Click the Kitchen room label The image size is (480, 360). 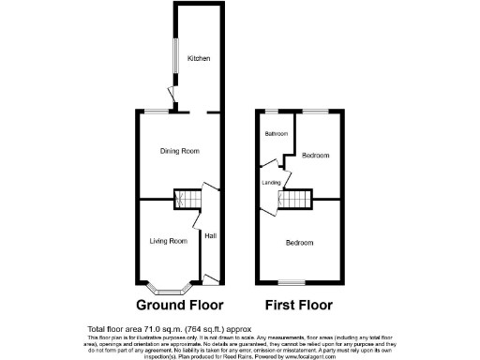coord(198,58)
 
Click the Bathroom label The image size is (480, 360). coord(276,134)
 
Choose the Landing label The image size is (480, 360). coord(272,182)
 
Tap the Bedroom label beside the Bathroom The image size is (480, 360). coord(316,156)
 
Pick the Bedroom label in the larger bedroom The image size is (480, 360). coord(300,243)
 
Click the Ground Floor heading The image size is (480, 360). coord(180,306)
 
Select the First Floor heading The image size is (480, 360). coord(299,306)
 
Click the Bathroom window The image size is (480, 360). coord(275,112)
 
